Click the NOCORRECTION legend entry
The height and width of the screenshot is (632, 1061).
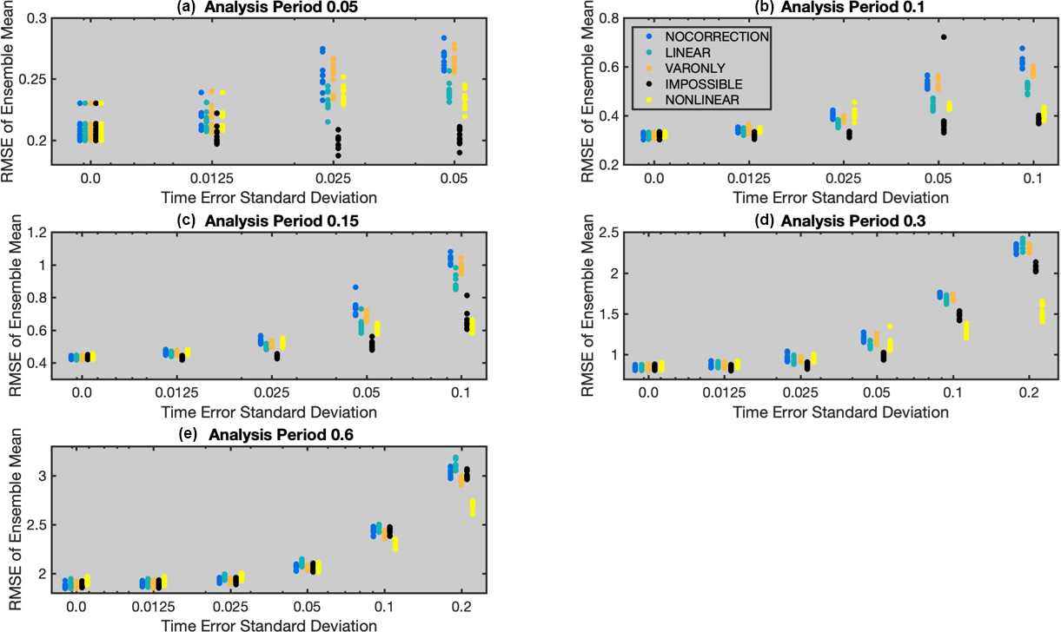717,37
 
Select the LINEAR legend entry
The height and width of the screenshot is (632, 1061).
693,53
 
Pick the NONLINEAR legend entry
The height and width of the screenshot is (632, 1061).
704,100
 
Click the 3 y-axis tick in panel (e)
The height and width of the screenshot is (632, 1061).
42,477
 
